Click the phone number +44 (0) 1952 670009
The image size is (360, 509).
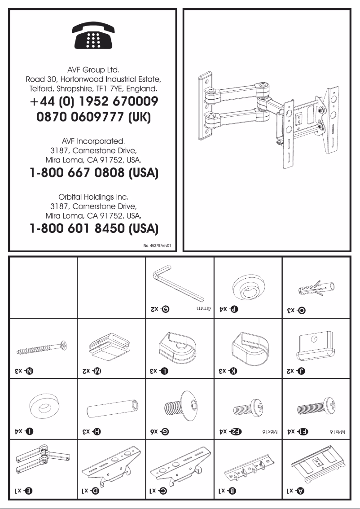click(x=93, y=101)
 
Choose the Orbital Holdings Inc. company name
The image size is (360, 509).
click(x=93, y=197)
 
